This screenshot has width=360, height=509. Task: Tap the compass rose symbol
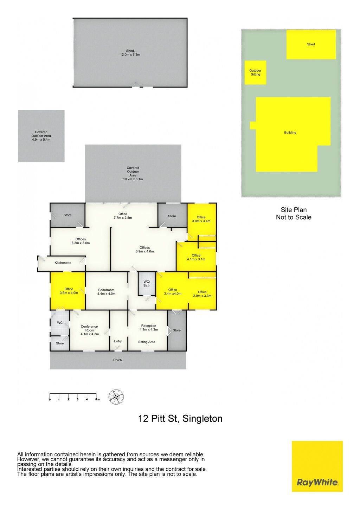116,397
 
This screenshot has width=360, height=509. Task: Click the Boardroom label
107,292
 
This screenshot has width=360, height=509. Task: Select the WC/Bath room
147,284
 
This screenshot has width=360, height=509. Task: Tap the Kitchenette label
63,263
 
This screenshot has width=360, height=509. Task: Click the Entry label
118,341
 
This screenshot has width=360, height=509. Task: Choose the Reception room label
149,328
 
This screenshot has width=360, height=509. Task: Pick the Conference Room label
90,330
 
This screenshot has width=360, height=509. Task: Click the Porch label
117,360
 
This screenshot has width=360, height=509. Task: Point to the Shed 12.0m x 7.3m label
130,52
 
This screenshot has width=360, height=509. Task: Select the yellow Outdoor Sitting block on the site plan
255,72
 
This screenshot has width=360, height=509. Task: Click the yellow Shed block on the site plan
311,45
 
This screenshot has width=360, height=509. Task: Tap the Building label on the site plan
290,133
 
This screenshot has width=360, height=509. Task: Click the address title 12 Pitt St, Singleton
180,419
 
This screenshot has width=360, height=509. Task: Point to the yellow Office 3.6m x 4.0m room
68,291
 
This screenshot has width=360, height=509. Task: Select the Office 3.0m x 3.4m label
201,219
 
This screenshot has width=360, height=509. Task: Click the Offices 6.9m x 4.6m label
144,250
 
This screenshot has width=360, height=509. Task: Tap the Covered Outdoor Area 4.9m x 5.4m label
41,136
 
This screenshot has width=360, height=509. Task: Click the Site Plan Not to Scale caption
294,213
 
